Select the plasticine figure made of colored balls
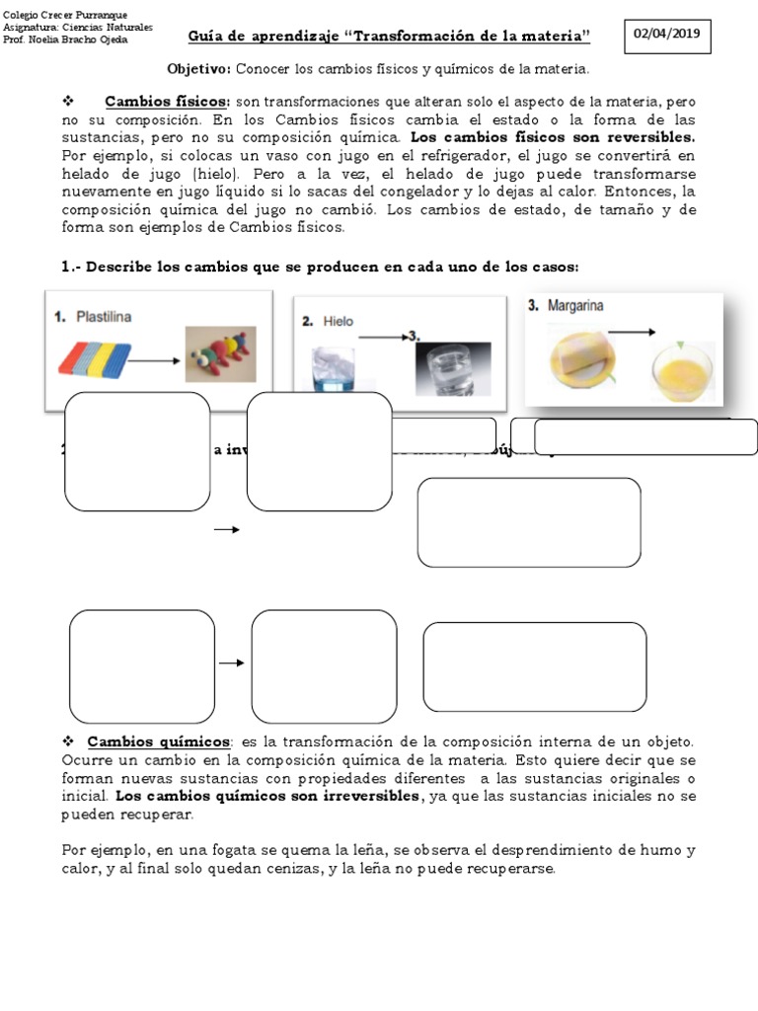tap(220, 353)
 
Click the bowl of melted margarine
tap(682, 371)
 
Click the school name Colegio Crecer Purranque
tap(62, 17)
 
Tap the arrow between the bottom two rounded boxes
tap(231, 662)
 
